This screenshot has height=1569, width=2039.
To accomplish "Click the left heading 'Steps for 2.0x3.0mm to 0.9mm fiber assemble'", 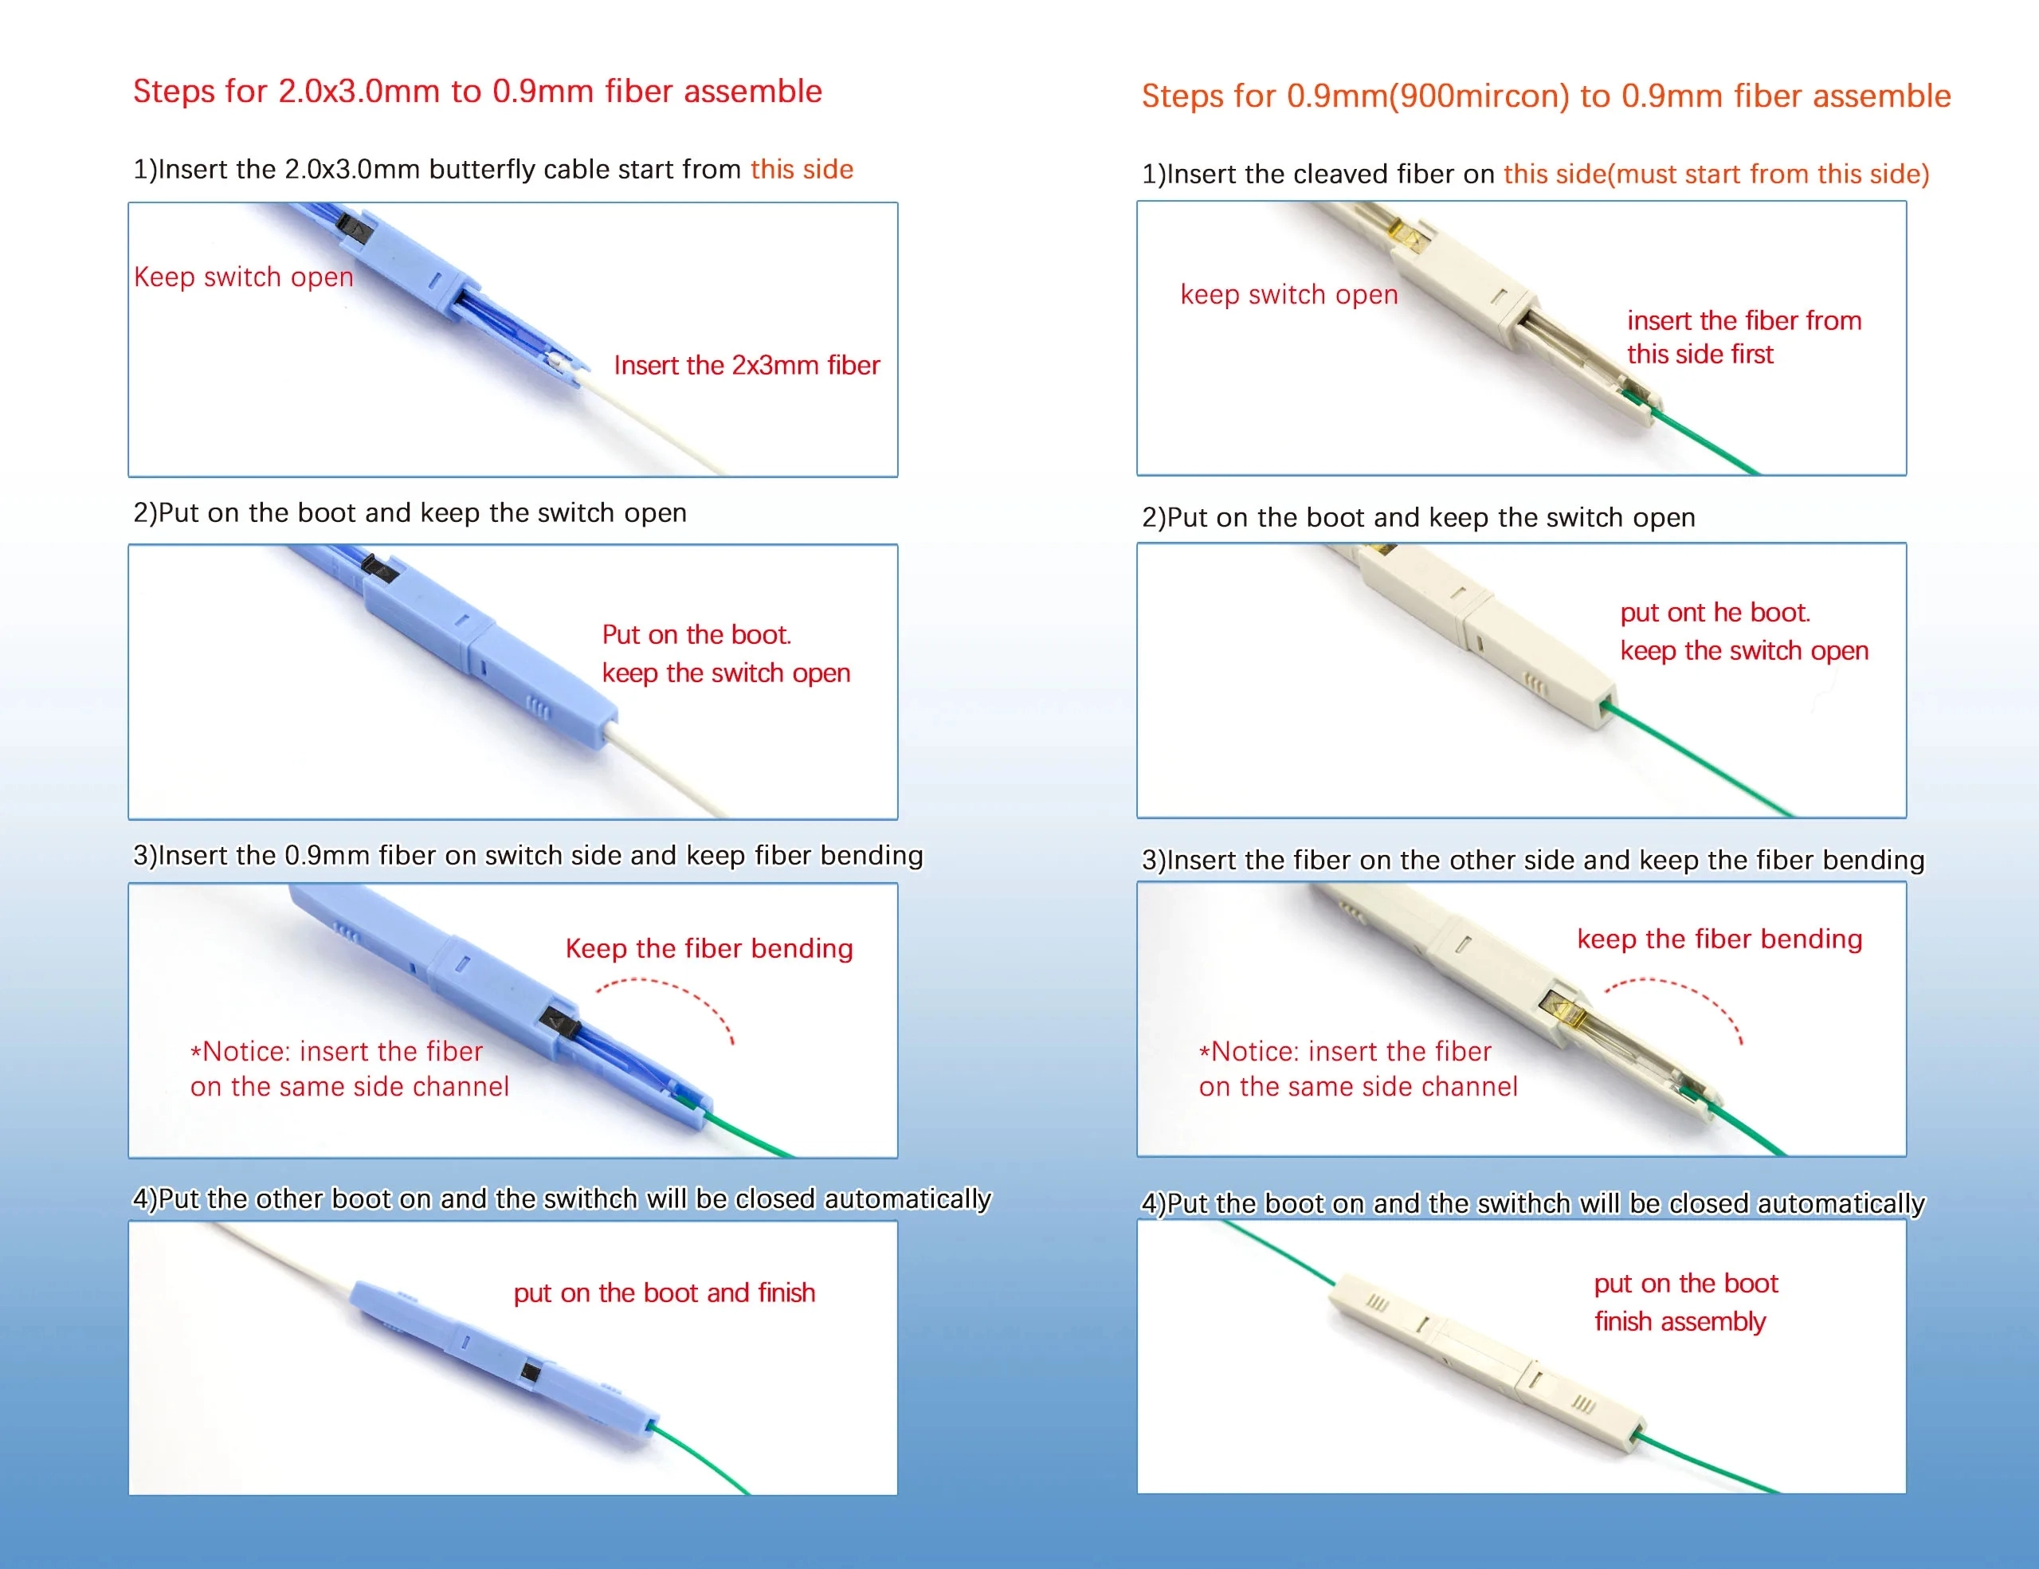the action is click(477, 91).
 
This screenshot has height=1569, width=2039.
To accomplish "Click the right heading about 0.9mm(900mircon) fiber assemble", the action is click(1546, 96).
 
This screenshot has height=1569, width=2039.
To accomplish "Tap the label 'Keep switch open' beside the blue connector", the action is click(244, 277).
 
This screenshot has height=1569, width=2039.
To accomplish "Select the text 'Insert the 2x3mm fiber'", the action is click(747, 364).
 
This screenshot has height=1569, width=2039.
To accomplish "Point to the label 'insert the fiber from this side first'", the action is click(1744, 336).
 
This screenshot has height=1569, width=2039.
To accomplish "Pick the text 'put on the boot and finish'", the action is click(664, 1292).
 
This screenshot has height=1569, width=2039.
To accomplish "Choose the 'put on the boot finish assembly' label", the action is click(1686, 1302).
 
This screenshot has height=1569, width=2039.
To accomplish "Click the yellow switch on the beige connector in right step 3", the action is click(1559, 1009).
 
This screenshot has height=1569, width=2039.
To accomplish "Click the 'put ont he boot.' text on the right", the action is click(1715, 612).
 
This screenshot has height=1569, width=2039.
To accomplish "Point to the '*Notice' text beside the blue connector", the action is click(350, 1069).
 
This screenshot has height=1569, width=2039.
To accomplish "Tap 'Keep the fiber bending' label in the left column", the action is click(709, 948).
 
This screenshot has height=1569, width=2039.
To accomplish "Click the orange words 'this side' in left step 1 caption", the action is click(802, 169).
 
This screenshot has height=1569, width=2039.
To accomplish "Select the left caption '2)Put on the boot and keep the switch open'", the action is click(410, 512).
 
